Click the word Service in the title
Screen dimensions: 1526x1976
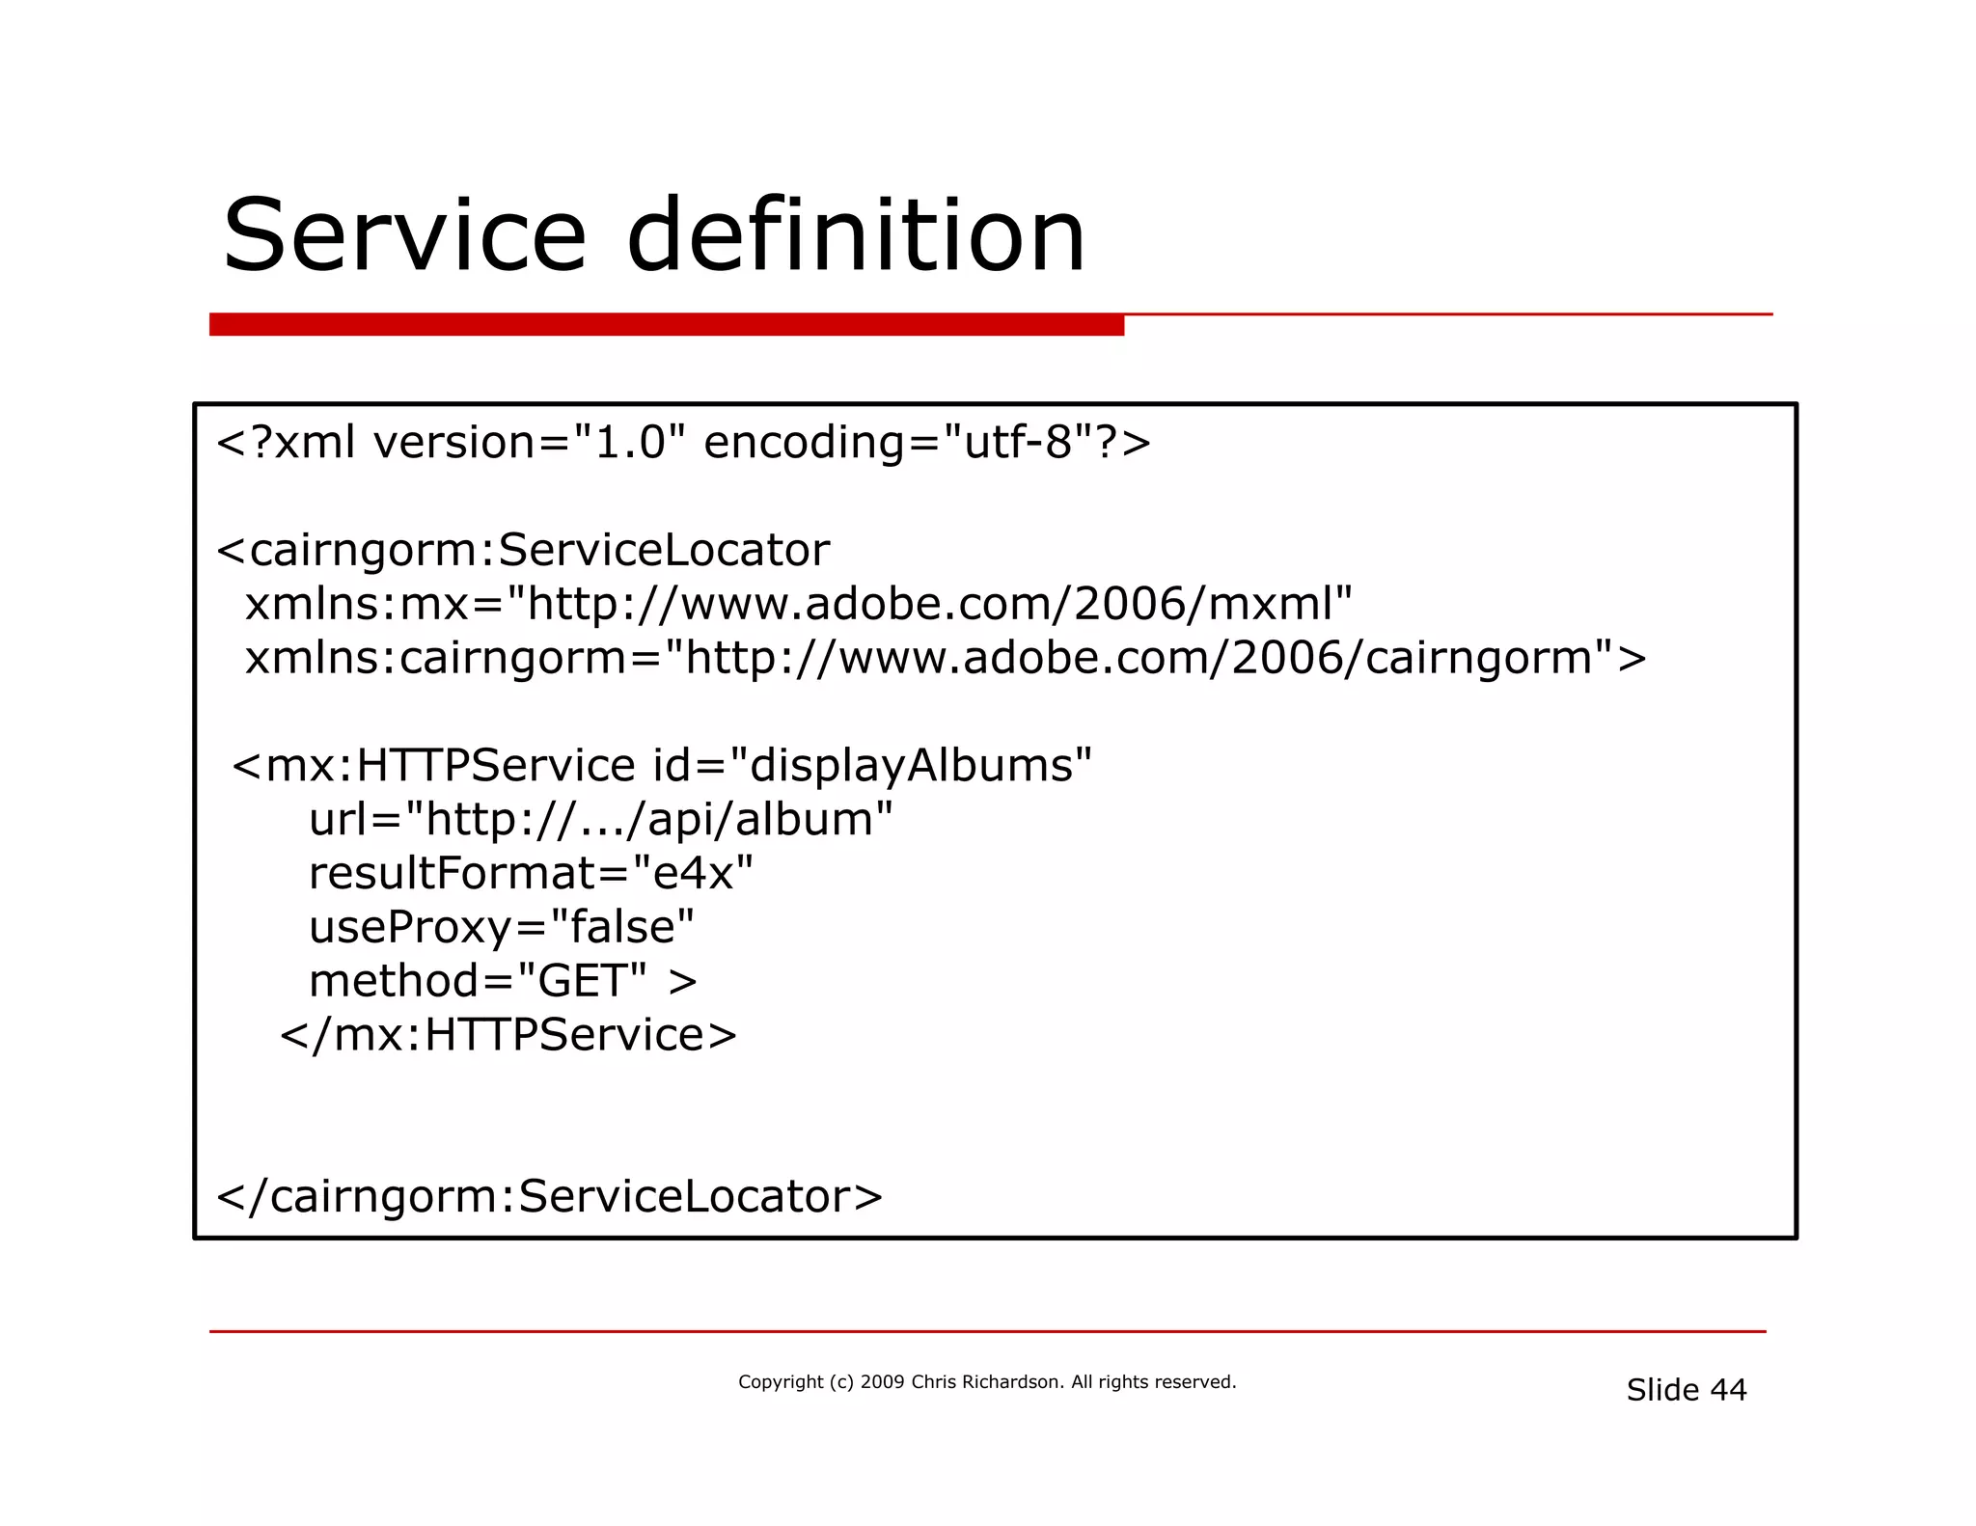pos(404,236)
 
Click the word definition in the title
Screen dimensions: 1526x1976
pos(856,236)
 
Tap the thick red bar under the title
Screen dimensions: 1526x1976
pos(666,325)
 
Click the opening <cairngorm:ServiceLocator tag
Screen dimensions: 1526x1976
pos(522,550)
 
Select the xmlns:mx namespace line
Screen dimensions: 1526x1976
pos(798,604)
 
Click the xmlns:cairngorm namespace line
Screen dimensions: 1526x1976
pos(946,658)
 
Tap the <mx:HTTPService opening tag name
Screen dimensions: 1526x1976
pos(434,766)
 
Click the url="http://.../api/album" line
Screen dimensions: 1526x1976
pos(600,820)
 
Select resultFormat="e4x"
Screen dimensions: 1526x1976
pos(531,874)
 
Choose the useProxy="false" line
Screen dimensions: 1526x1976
pos(501,928)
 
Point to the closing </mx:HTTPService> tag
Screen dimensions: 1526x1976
pos(508,1035)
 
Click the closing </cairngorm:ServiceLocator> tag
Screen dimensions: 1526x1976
pos(549,1197)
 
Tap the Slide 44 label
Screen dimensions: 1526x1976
pos(1686,1390)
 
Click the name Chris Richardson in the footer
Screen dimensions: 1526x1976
pos(985,1382)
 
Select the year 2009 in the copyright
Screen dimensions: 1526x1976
pos(882,1382)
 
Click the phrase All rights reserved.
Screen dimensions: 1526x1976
pos(1153,1382)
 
